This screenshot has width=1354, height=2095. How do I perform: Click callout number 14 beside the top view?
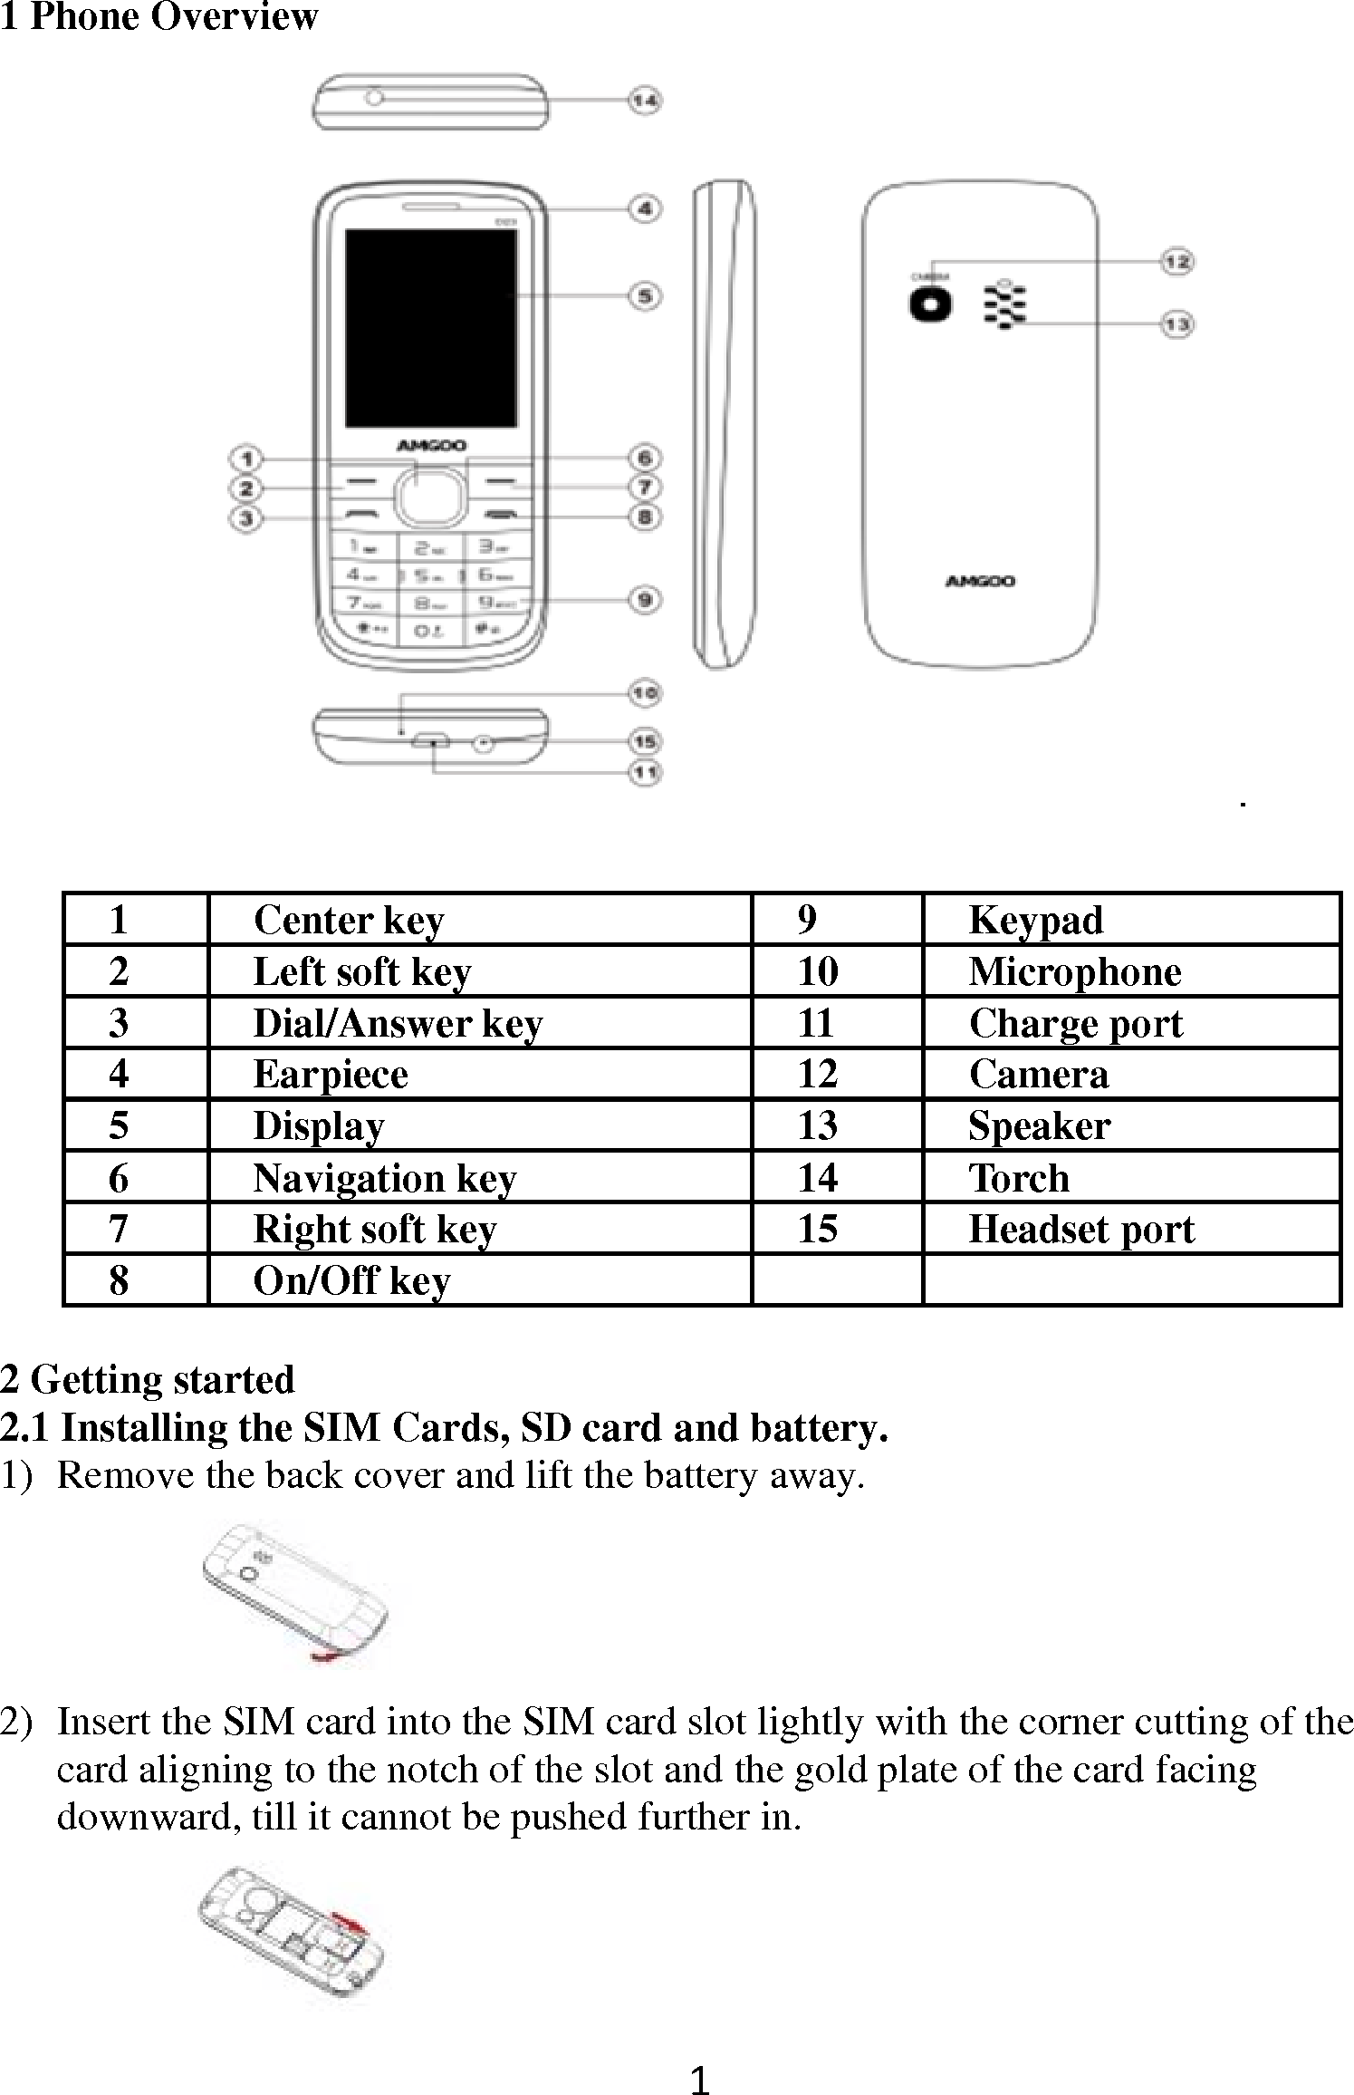click(x=644, y=101)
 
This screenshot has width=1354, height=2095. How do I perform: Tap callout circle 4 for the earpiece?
click(x=644, y=209)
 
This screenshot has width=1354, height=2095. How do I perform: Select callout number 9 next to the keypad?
click(x=644, y=600)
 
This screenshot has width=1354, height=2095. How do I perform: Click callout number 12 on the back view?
click(x=1176, y=262)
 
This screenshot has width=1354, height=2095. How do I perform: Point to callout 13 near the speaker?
click(x=1176, y=324)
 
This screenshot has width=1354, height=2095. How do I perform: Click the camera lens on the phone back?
click(x=931, y=304)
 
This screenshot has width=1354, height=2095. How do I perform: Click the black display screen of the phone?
click(x=431, y=328)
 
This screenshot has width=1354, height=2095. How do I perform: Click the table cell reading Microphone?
click(x=1075, y=972)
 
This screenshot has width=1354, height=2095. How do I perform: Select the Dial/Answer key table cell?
click(x=398, y=1024)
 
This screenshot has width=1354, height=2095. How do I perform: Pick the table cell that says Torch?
click(x=1020, y=1179)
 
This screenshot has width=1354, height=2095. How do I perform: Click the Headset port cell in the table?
click(x=1081, y=1231)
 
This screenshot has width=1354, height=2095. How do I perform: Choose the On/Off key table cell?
click(x=351, y=1281)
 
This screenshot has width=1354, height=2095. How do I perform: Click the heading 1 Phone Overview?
click(x=159, y=17)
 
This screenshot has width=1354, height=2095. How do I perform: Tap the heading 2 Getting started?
click(x=148, y=1380)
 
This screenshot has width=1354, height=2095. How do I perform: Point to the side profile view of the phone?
click(x=724, y=426)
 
